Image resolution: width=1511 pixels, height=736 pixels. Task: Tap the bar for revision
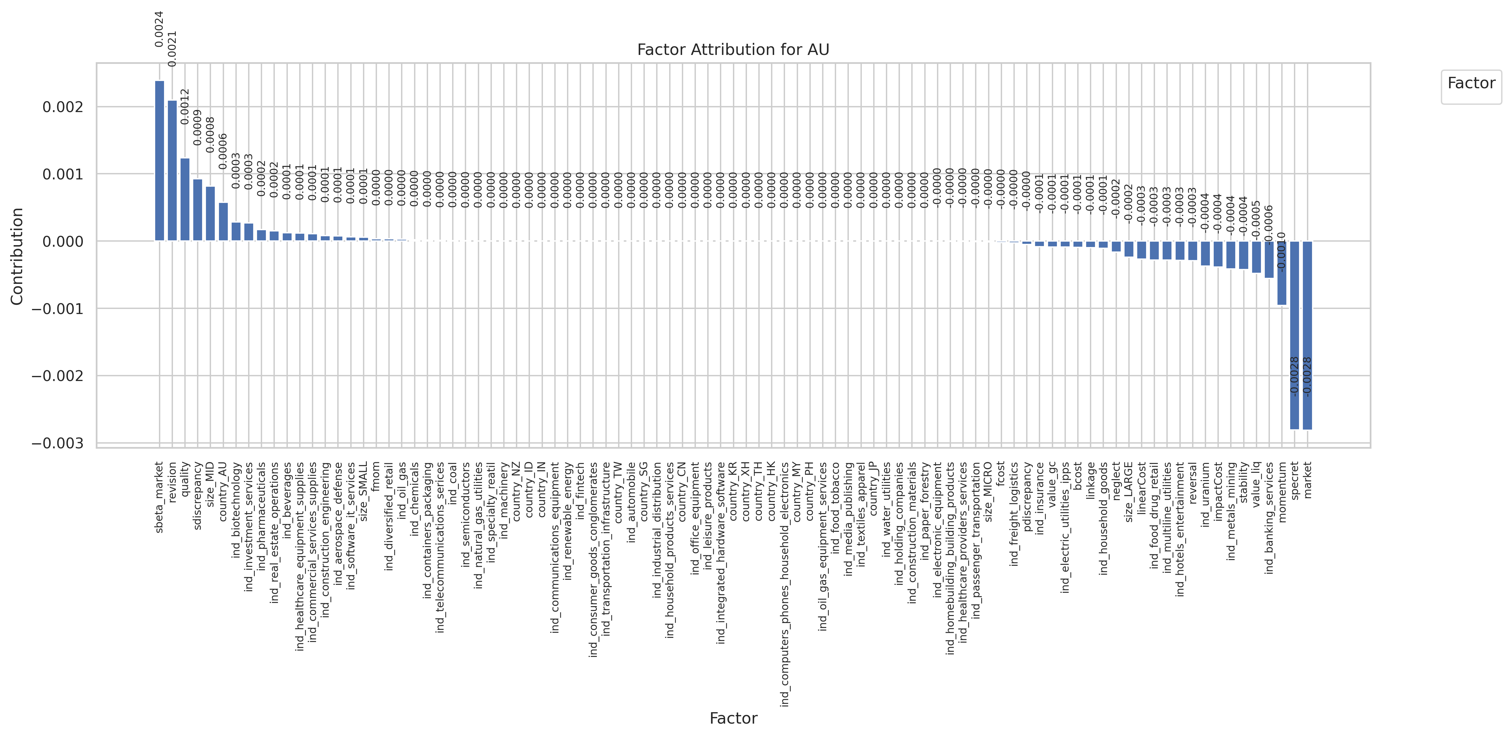pos(172,170)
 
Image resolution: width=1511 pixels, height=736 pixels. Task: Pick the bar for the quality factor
pos(185,199)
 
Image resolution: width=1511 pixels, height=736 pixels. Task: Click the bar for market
pos(1307,335)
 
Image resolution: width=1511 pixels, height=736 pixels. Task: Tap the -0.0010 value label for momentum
pos(1282,251)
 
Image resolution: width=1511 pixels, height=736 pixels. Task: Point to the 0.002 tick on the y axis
pos(63,107)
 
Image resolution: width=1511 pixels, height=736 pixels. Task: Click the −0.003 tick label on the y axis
pos(57,443)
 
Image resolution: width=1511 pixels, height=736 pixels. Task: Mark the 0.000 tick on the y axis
pos(63,241)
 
